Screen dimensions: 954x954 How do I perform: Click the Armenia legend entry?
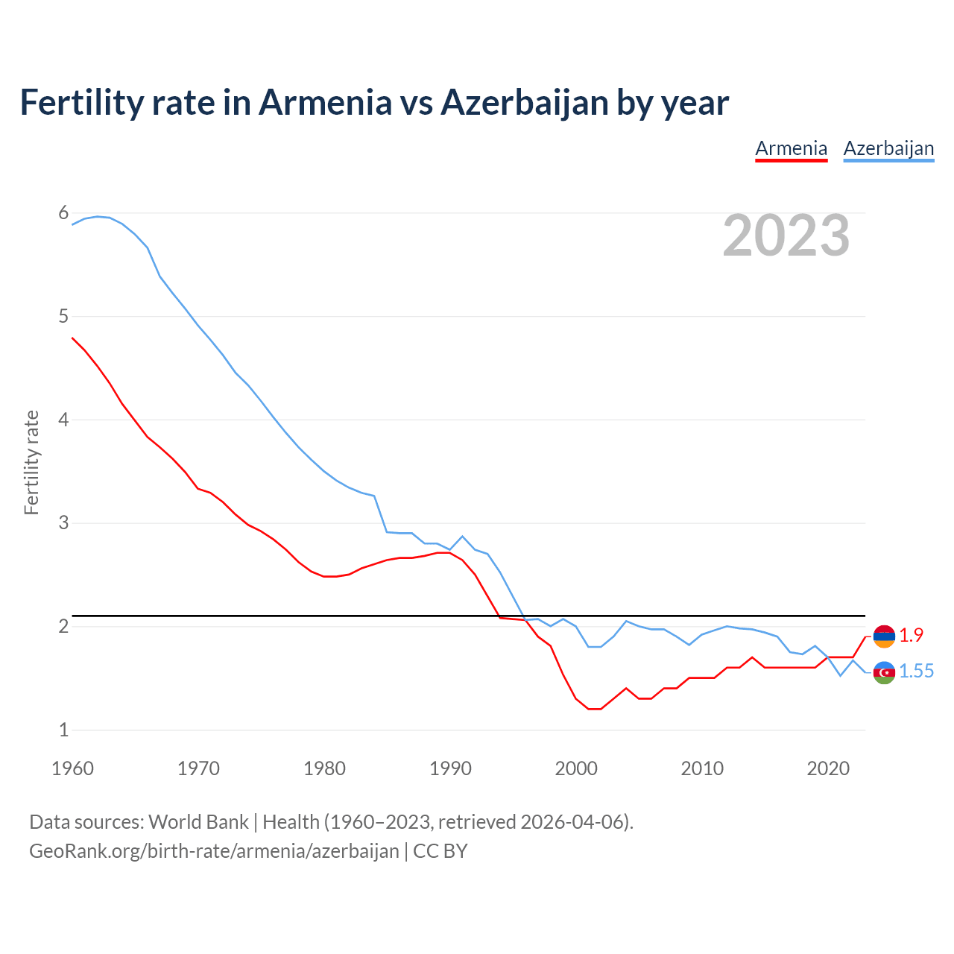click(x=791, y=148)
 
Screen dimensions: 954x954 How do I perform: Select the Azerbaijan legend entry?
click(x=888, y=148)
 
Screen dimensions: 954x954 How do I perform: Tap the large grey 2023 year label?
click(x=786, y=236)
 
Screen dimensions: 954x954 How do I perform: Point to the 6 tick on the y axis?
click(x=63, y=213)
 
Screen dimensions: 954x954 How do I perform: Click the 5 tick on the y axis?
click(x=63, y=316)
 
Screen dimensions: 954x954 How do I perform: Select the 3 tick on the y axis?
click(x=63, y=522)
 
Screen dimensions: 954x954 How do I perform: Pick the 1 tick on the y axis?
click(x=63, y=730)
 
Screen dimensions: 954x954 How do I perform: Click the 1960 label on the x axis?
click(x=72, y=768)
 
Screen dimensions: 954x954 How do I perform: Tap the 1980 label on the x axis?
click(x=324, y=768)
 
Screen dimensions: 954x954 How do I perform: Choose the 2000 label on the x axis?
click(x=576, y=768)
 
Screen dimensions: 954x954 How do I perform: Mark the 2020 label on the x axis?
click(x=828, y=768)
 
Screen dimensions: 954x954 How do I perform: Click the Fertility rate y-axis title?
click(x=31, y=462)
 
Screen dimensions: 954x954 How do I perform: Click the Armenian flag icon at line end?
click(x=884, y=636)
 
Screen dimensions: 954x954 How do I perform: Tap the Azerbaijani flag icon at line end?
click(x=884, y=672)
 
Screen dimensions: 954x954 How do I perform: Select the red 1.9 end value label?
click(x=911, y=635)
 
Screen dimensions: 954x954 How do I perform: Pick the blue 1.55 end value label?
click(x=916, y=672)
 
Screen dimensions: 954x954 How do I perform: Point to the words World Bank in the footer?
click(x=198, y=822)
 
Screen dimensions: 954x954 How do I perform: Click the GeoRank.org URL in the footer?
click(x=214, y=851)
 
